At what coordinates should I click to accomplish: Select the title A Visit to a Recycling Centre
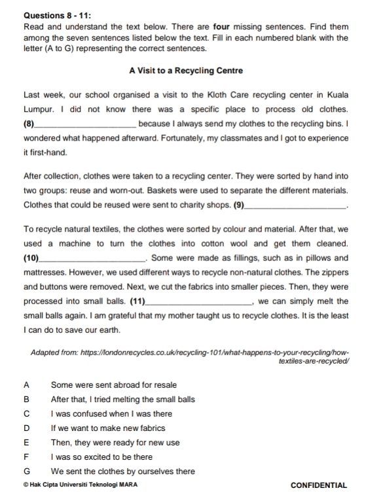tap(183, 71)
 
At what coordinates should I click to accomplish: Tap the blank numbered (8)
tap(88, 124)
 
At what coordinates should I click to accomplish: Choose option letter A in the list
tap(26, 385)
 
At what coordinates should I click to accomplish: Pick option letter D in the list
tap(26, 428)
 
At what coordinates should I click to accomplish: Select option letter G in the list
tap(27, 471)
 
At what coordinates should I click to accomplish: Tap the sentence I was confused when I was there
tap(111, 414)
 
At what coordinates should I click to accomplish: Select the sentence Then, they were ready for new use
tap(115, 443)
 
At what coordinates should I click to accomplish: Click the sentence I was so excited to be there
tap(101, 457)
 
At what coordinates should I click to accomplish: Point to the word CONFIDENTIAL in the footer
tap(318, 485)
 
